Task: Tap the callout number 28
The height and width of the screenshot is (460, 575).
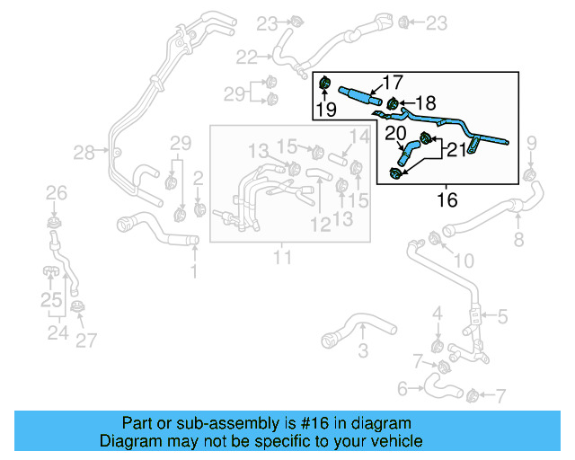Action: pyautogui.click(x=84, y=153)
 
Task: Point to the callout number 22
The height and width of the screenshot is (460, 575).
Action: pyautogui.click(x=247, y=57)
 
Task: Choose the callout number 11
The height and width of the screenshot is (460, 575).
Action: pyautogui.click(x=284, y=258)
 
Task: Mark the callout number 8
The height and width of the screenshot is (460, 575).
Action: pyautogui.click(x=518, y=239)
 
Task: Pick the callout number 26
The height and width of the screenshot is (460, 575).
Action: pyautogui.click(x=57, y=192)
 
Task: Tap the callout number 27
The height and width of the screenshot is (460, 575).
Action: pyautogui.click(x=85, y=341)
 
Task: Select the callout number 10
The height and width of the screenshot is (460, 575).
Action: pyautogui.click(x=464, y=261)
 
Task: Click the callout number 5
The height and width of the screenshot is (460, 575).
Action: pyautogui.click(x=502, y=316)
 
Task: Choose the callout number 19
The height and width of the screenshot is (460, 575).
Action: pyautogui.click(x=325, y=111)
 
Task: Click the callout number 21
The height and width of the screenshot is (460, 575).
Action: pyautogui.click(x=456, y=150)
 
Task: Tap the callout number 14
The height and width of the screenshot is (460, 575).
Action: pyautogui.click(x=358, y=137)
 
